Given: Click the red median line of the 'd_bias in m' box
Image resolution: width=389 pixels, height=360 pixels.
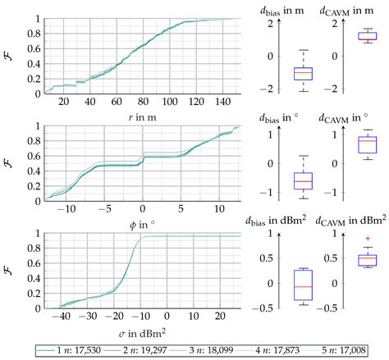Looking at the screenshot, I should click(x=281, y=73).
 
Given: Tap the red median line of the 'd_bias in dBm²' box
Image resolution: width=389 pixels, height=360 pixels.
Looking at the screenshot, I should click(x=281, y=286).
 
